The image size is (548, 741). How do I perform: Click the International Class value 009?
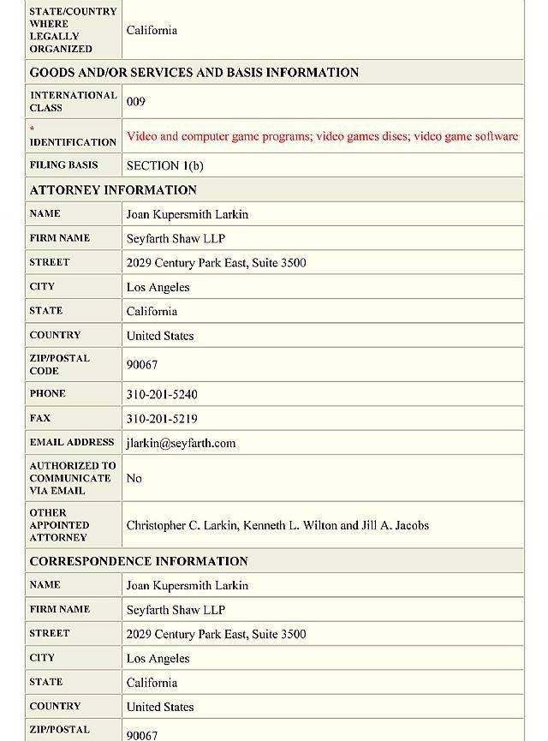pos(136,102)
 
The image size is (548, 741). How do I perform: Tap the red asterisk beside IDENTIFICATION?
pos(33,129)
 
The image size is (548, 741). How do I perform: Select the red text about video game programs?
pos(322,136)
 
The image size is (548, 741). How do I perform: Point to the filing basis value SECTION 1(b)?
pos(164,165)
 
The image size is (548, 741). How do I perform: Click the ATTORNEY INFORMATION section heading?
pos(113,190)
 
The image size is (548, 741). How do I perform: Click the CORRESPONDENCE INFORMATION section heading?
pos(139,561)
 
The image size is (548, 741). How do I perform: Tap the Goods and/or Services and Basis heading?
pos(194,73)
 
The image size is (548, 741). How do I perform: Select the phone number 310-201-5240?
pos(162,395)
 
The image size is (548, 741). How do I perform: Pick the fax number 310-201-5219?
pos(162,419)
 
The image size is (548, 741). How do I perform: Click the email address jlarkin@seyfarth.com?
pos(181,443)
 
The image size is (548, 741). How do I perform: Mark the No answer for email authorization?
pos(134,478)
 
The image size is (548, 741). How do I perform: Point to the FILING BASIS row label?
pos(64,165)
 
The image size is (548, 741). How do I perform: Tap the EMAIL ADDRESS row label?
pos(72,442)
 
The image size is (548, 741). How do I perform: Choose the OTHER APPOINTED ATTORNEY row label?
pos(59,525)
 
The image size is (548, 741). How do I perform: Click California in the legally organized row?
pos(152,31)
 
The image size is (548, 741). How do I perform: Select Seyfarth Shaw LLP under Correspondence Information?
pos(176,610)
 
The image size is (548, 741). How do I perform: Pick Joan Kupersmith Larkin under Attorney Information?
pos(187,214)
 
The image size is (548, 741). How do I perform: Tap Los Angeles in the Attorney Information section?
pos(158,287)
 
